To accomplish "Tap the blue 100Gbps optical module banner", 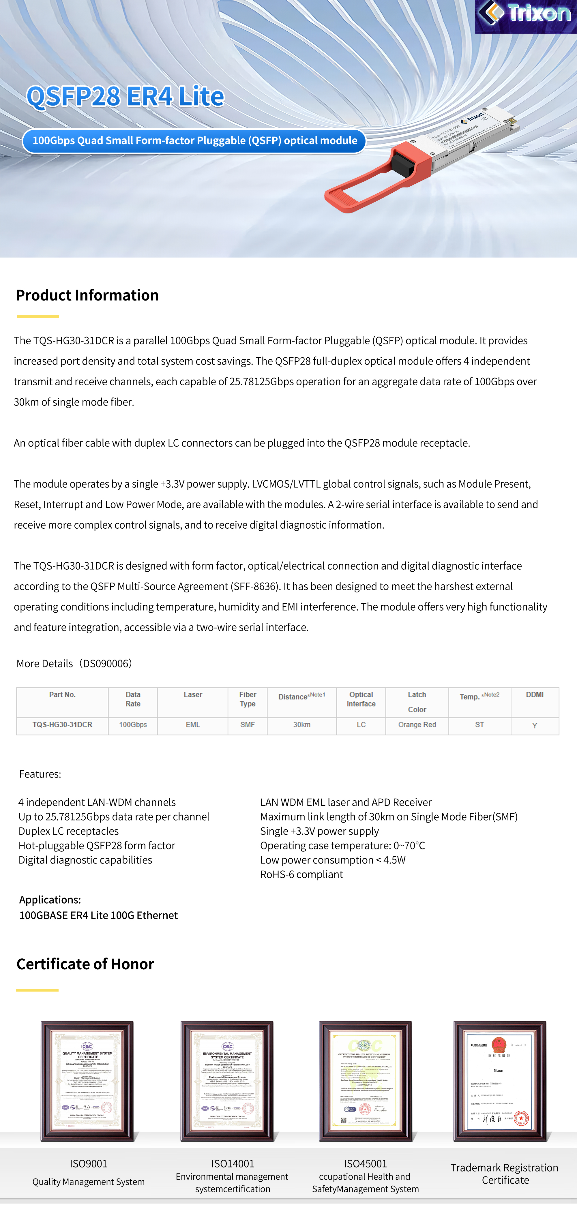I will point(194,141).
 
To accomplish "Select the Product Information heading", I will point(87,295).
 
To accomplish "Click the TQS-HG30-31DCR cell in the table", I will point(63,725).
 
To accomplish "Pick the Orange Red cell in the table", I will point(417,725).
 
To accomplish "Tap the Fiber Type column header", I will point(247,699).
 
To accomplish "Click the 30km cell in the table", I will point(302,725).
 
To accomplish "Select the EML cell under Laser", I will point(193,725).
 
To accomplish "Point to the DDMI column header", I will point(534,695).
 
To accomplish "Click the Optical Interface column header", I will point(361,699).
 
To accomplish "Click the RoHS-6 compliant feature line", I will point(301,874).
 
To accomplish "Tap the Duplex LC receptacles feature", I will point(69,831).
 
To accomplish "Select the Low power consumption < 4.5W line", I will point(333,860).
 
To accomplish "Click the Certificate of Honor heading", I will point(85,964).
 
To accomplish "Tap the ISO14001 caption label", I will point(233,1164).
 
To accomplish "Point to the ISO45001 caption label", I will point(365,1164).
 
